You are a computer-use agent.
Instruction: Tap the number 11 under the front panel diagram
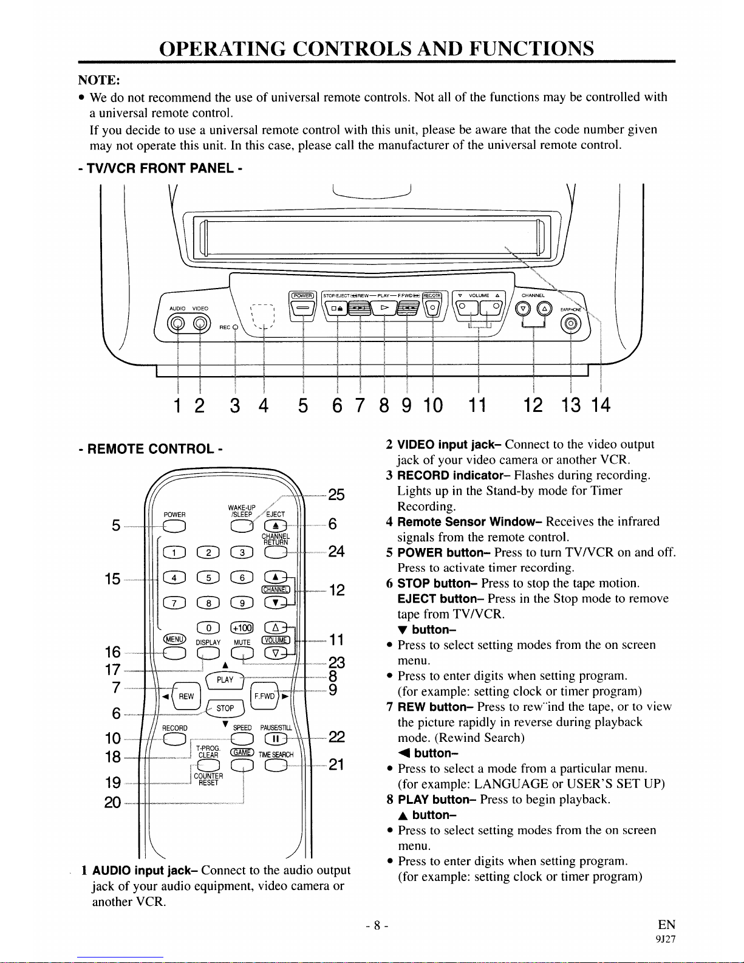pyautogui.click(x=478, y=405)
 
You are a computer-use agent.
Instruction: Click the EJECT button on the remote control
pyautogui.click(x=276, y=525)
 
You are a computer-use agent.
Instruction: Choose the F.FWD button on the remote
pyautogui.click(x=265, y=696)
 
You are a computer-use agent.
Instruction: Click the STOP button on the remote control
pyautogui.click(x=225, y=708)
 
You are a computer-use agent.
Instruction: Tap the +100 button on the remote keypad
pyautogui.click(x=241, y=628)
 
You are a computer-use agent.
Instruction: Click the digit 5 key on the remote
pyautogui.click(x=208, y=577)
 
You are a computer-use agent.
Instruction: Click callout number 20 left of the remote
pyautogui.click(x=112, y=803)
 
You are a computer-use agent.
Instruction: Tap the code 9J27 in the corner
pyautogui.click(x=666, y=939)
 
